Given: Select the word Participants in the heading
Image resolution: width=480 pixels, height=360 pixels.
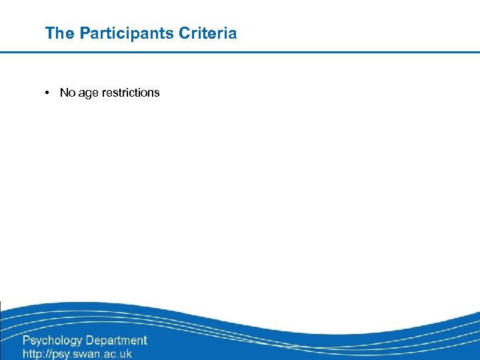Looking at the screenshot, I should (127, 33).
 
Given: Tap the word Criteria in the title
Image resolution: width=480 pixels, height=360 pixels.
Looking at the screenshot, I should (207, 33).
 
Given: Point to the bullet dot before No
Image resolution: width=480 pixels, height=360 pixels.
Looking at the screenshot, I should (49, 93).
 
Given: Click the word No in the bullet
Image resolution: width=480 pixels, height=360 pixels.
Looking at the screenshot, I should (67, 93).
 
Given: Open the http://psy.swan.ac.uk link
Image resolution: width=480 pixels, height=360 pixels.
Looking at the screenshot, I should (77, 354).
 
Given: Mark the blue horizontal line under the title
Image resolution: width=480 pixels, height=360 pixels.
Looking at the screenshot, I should (240, 52).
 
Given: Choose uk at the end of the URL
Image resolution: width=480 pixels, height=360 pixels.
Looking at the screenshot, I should (125, 354).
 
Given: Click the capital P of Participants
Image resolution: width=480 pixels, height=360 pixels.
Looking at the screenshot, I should (85, 33).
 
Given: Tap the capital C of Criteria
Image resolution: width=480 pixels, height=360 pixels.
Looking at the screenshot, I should (184, 33).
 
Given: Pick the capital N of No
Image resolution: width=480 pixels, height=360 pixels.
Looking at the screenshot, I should (63, 93).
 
